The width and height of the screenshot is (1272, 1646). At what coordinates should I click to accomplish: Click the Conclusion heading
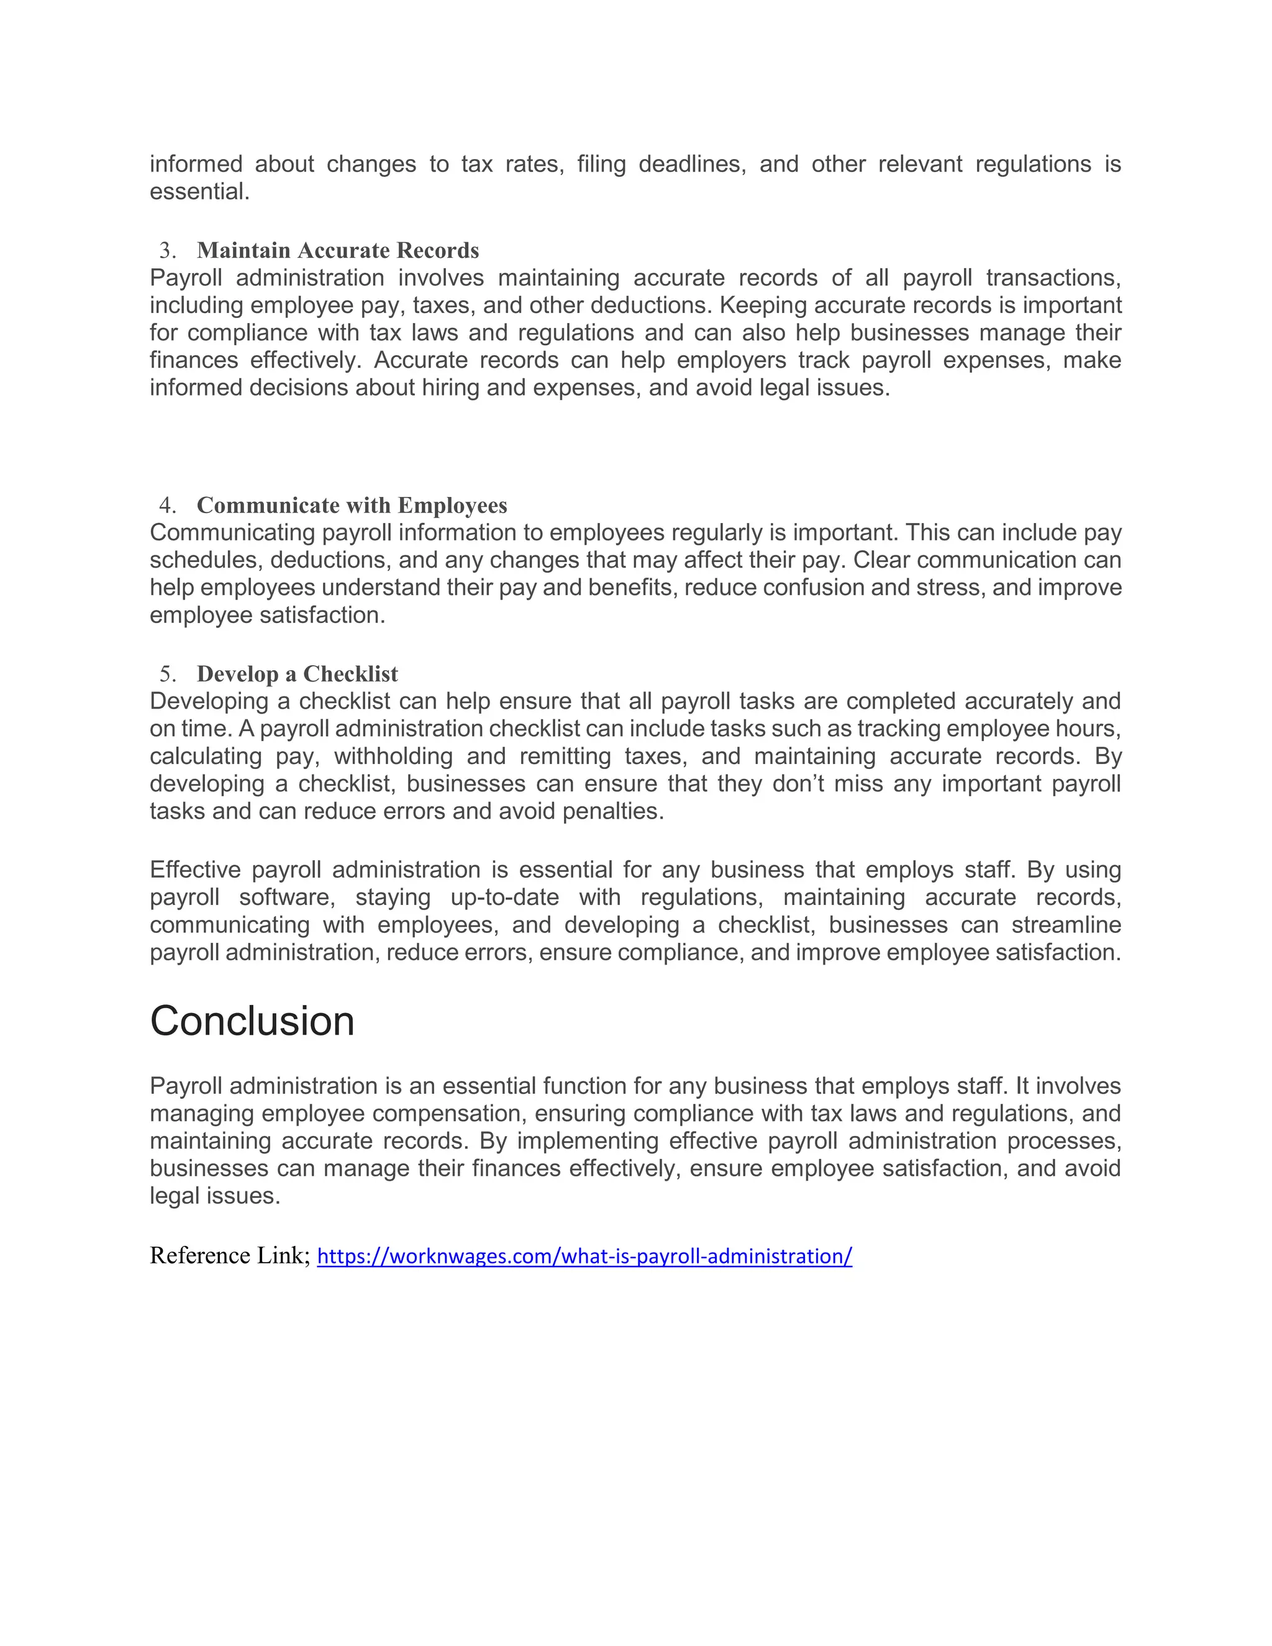pyautogui.click(x=252, y=1022)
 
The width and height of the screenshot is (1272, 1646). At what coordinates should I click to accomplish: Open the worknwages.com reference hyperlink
pyautogui.click(x=584, y=1257)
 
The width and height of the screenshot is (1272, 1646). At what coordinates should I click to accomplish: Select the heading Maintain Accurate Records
pyautogui.click(x=338, y=250)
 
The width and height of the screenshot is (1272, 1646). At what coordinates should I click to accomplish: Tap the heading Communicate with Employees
pyautogui.click(x=352, y=505)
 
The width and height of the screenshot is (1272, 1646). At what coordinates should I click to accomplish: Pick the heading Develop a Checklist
pyautogui.click(x=297, y=674)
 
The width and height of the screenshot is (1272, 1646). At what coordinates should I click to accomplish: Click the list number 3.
pyautogui.click(x=166, y=250)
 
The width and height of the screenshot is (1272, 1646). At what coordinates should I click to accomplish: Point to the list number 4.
pyautogui.click(x=166, y=505)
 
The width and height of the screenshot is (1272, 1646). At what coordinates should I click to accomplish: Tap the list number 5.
pyautogui.click(x=166, y=674)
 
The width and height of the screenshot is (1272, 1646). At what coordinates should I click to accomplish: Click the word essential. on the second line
pyautogui.click(x=199, y=191)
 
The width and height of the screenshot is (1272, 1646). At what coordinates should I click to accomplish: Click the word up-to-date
pyautogui.click(x=504, y=898)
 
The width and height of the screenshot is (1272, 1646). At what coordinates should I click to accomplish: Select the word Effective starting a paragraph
pyautogui.click(x=194, y=870)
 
